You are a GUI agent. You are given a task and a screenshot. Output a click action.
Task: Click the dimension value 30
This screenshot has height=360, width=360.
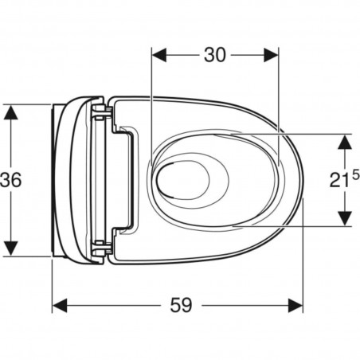[215, 55]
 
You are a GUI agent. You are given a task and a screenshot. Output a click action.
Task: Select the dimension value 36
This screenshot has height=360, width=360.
[11, 179]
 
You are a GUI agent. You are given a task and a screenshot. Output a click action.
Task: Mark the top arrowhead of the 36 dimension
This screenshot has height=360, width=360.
[10, 112]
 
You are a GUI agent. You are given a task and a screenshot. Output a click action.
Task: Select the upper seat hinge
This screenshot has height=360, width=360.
[100, 112]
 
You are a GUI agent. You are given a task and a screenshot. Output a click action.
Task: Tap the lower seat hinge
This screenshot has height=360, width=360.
[100, 248]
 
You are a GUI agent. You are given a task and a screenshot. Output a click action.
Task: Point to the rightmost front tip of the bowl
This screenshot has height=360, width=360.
[303, 180]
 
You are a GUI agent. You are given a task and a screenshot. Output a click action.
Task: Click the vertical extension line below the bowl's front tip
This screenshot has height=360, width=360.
[303, 255]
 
